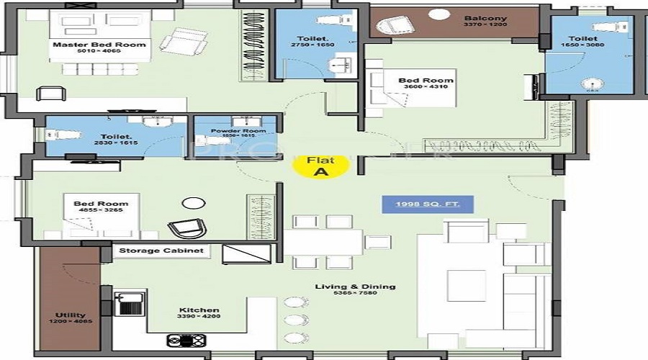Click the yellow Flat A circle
point(320,166)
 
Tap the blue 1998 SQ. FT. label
point(428,205)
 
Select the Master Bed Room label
point(99,45)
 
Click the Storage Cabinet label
point(161,251)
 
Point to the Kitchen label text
point(194,312)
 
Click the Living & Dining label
point(355,287)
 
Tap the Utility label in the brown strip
point(70,315)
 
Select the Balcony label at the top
point(485,19)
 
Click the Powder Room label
point(238,131)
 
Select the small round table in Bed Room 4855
point(192,204)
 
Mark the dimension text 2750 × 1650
point(314,45)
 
